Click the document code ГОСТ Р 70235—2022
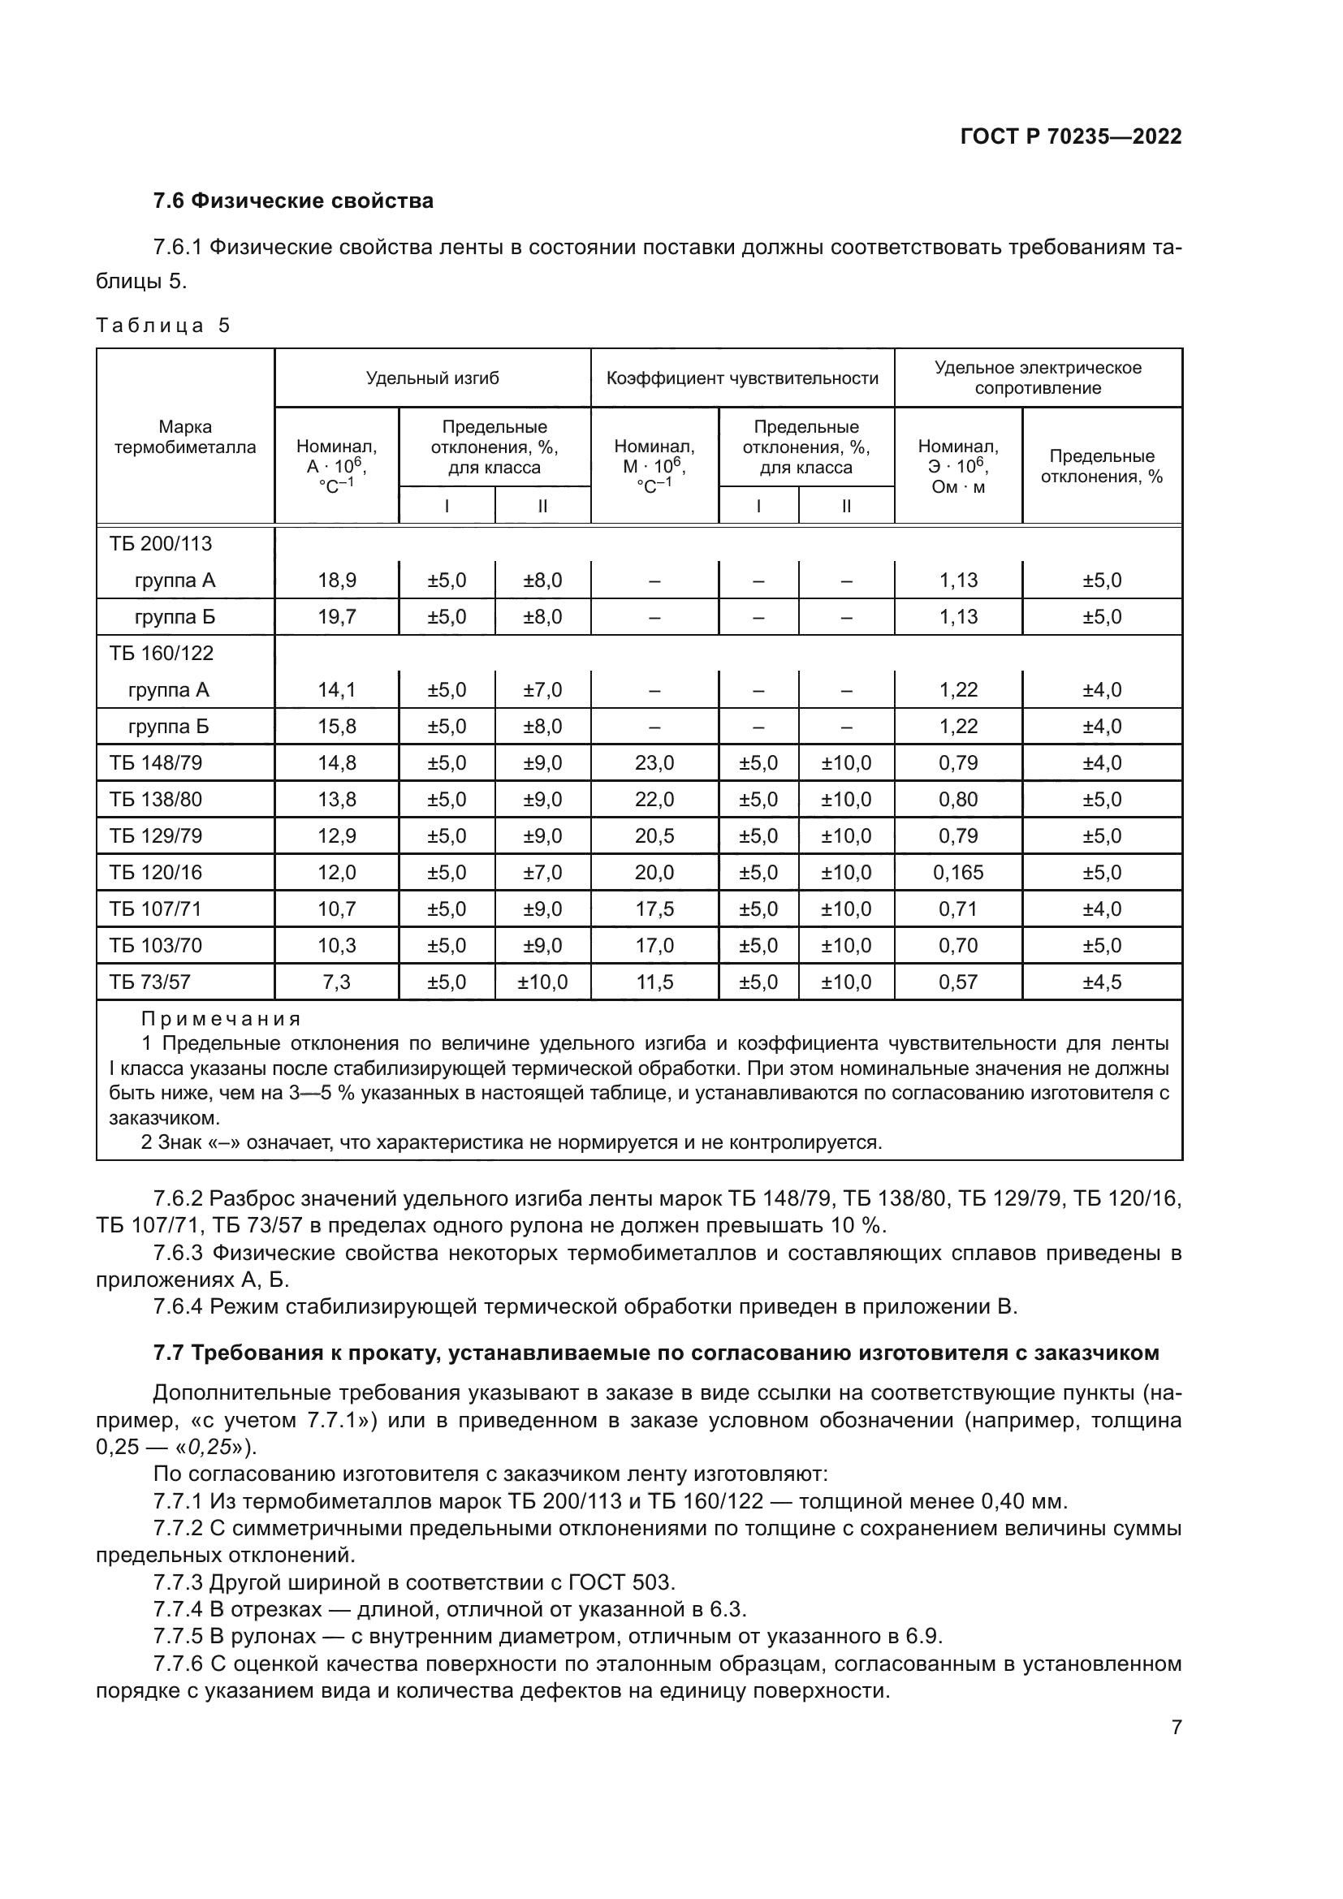(1071, 136)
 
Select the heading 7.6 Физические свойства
(293, 201)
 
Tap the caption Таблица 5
(163, 325)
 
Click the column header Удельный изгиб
(433, 378)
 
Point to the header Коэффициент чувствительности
(742, 378)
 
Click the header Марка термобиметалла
(185, 437)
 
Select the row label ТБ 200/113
(161, 543)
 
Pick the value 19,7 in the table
(337, 616)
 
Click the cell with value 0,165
(957, 872)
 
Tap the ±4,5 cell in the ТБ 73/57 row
(1102, 982)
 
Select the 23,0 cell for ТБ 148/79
(654, 762)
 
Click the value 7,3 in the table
(337, 982)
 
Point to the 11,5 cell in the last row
(654, 982)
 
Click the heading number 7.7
(170, 1353)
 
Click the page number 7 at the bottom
(1176, 1727)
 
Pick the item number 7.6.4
(178, 1307)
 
